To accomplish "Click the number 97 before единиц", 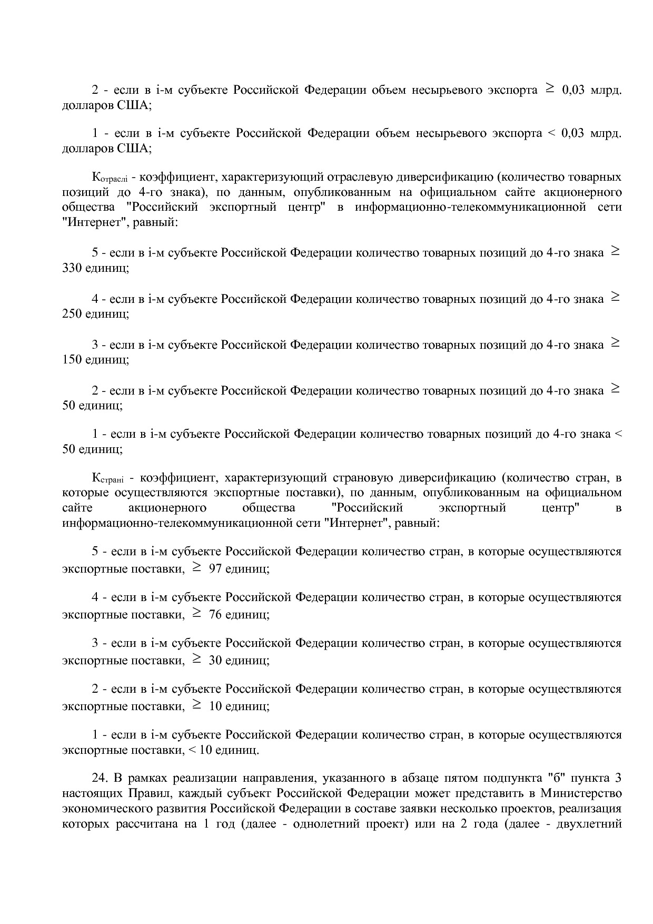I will point(215,569).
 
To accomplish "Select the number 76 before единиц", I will point(215,615).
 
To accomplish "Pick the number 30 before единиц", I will point(215,661).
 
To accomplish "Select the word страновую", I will point(363,478).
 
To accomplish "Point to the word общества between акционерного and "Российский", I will point(269,508).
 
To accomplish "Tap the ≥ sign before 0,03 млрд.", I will point(549,90).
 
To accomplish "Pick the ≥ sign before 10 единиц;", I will point(196,705).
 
